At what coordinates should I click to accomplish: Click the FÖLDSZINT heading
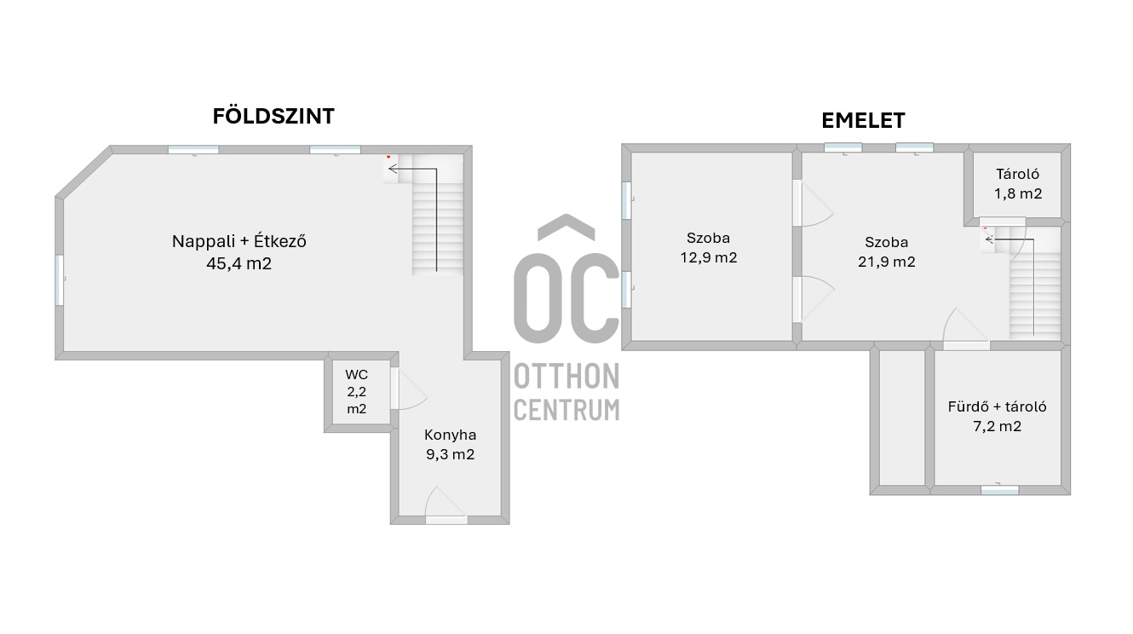[x=273, y=116]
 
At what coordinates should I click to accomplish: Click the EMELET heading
[x=862, y=121]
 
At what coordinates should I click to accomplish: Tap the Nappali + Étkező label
[x=239, y=241]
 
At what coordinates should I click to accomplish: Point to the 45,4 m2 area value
[x=239, y=263]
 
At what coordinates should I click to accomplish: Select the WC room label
[x=356, y=375]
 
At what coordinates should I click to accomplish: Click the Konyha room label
[x=450, y=434]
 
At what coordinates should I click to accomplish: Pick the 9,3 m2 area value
[x=450, y=454]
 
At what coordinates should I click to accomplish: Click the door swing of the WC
[x=410, y=391]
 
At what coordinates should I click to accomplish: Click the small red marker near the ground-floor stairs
[x=388, y=157]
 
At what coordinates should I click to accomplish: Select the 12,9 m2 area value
[x=708, y=258]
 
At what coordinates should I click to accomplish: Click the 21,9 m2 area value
[x=886, y=262]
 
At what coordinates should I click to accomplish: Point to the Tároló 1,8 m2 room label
[x=1017, y=184]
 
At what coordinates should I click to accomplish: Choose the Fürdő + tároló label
[x=997, y=406]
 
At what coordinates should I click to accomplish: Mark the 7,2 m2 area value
[x=997, y=427]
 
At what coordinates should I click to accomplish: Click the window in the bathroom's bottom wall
[x=999, y=490]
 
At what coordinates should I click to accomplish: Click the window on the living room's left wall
[x=60, y=280]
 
